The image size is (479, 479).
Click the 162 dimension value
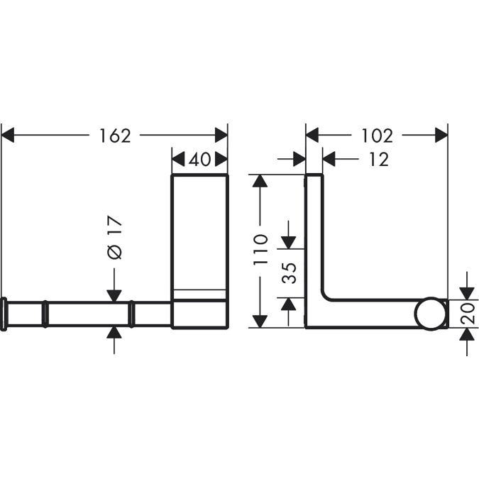coord(115,136)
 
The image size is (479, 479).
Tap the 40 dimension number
coord(200,160)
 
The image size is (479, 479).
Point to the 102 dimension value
coord(378,136)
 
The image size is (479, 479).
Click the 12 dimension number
coord(380,160)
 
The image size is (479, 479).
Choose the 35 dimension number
coord(290,273)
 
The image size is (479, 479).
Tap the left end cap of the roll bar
coord(4,314)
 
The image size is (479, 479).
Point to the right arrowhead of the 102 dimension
coord(441,136)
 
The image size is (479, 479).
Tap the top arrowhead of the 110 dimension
coord(260,180)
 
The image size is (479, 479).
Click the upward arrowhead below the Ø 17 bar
coord(114,334)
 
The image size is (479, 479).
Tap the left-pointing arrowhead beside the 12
coord(329,160)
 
